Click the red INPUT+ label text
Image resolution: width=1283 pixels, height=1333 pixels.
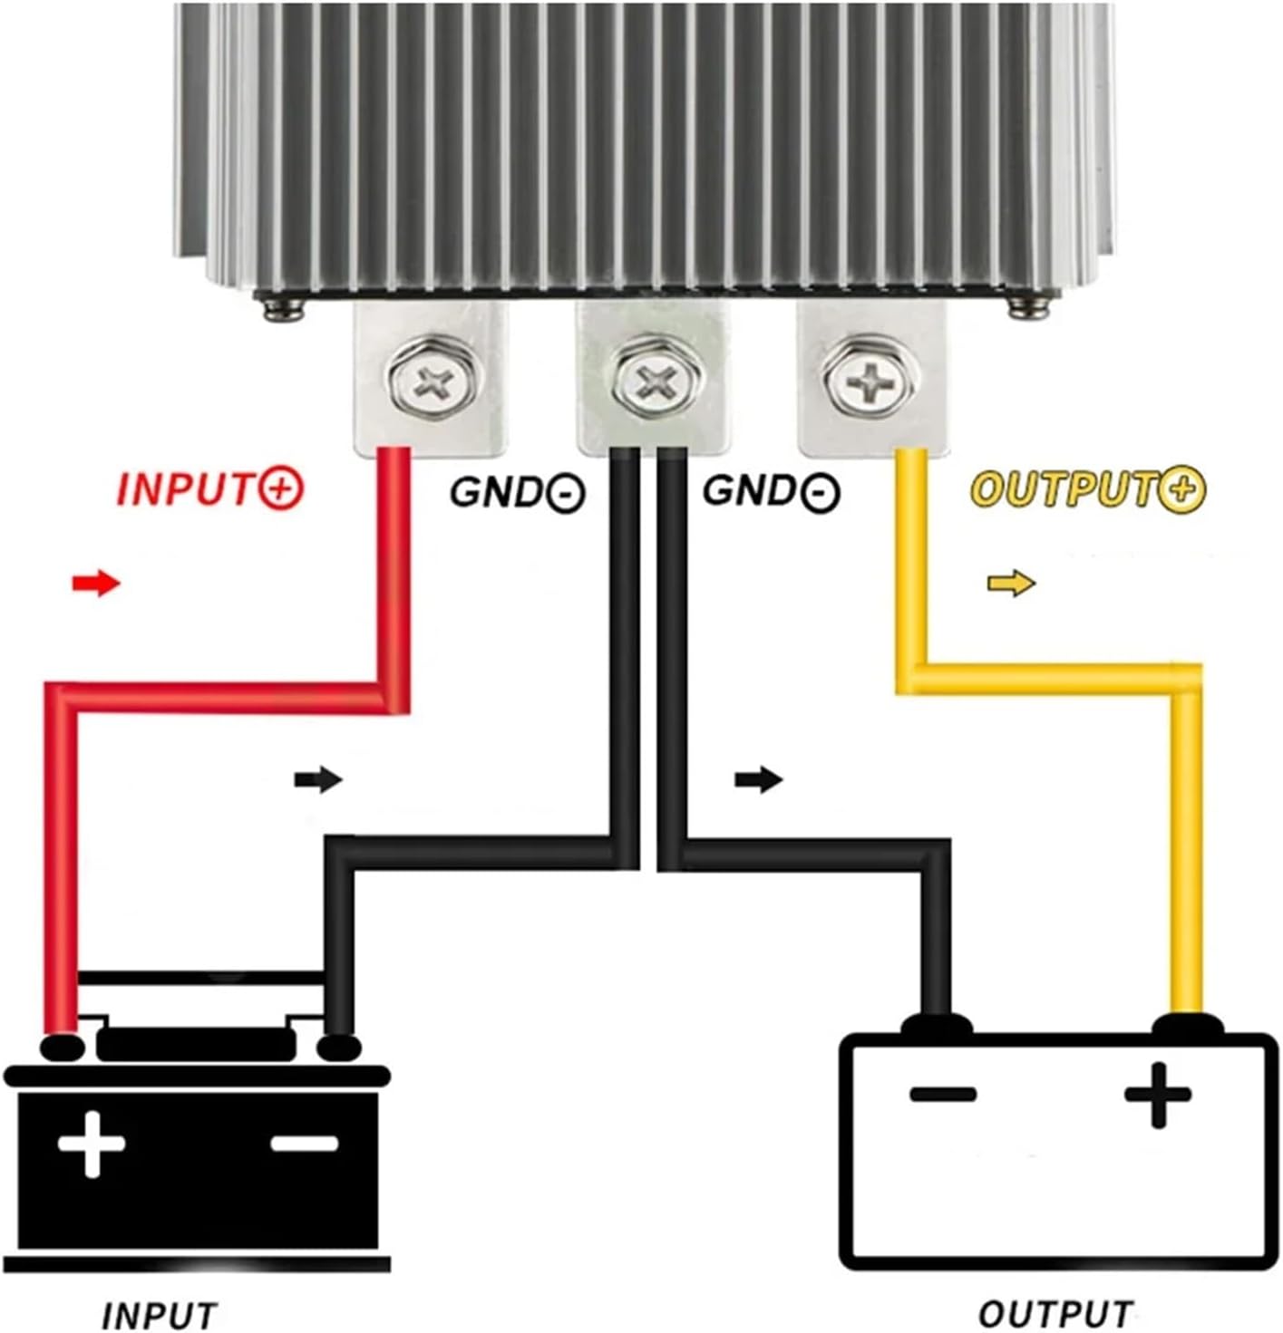coord(210,489)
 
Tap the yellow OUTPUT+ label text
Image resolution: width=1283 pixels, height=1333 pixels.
coord(1088,489)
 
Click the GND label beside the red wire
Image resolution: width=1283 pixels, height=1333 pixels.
coord(518,492)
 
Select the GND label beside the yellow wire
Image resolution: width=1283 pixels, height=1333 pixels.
coord(771,491)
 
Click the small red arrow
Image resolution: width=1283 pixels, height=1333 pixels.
coord(96,584)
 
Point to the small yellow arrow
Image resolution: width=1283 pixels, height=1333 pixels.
coord(1011,584)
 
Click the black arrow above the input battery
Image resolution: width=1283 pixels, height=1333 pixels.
coord(318,778)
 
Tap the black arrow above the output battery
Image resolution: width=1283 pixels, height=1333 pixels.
coord(758,778)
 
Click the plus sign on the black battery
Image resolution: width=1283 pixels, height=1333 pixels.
coord(92,1143)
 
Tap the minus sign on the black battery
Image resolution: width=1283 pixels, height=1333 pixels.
coord(304,1144)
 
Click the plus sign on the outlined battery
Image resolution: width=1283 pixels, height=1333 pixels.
coord(1157,1095)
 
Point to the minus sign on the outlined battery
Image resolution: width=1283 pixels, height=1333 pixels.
coord(943,1094)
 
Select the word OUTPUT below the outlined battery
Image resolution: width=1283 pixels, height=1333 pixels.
coord(1056,1313)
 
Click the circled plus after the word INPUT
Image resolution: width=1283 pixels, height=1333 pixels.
coord(282,489)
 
